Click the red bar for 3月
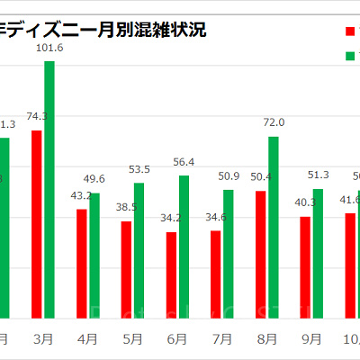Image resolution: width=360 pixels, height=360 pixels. click(37, 224)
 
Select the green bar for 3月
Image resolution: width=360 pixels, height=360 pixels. click(49, 190)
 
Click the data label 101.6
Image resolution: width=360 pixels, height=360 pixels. click(49, 48)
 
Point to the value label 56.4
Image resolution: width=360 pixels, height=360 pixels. click(184, 162)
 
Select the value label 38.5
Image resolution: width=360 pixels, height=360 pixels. click(125, 207)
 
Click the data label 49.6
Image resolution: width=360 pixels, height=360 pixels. click(94, 179)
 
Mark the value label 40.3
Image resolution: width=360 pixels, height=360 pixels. click(304, 202)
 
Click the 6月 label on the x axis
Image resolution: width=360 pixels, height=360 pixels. click(177, 339)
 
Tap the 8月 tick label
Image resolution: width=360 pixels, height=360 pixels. click(266, 339)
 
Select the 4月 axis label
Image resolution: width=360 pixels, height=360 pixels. click(88, 339)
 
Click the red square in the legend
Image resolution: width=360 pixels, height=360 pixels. click(351, 31)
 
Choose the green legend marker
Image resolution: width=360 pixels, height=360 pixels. click(351, 57)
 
